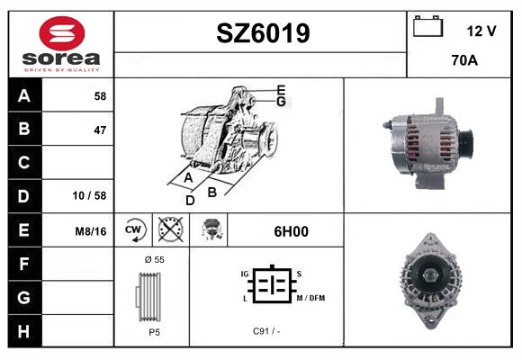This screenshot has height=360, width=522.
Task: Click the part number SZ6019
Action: tap(263, 33)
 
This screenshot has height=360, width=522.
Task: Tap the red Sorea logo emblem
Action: tap(62, 33)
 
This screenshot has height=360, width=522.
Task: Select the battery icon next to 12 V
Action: tap(428, 26)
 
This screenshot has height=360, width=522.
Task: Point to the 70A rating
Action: tap(464, 60)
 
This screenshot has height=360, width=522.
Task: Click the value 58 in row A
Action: tap(100, 96)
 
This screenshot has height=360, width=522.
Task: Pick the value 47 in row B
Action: tap(100, 130)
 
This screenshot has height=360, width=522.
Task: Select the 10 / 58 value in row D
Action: tap(90, 195)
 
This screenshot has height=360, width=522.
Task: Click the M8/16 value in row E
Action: tap(91, 231)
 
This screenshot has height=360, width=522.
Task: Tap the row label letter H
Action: tap(23, 331)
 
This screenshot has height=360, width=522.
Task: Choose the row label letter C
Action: tap(23, 163)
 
